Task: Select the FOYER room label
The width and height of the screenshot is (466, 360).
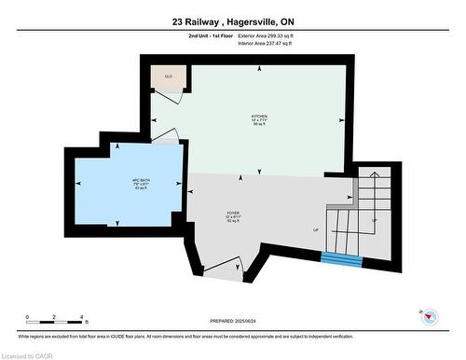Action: [232, 214]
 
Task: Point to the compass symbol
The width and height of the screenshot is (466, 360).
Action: [430, 316]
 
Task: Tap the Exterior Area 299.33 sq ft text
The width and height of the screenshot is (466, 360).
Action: [271, 35]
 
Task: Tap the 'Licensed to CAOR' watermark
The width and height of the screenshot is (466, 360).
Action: [27, 354]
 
